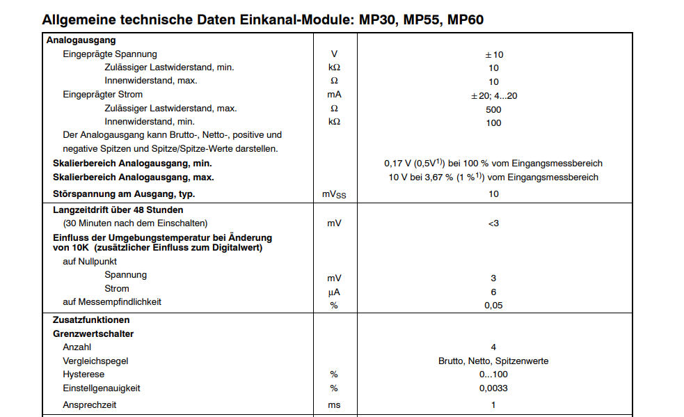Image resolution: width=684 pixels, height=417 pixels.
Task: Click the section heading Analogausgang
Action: [81, 40]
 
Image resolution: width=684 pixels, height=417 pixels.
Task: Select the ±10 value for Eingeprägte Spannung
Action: [493, 54]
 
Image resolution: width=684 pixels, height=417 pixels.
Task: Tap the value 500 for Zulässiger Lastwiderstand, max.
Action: [493, 109]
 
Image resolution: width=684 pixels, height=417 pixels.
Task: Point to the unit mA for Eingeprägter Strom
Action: [334, 95]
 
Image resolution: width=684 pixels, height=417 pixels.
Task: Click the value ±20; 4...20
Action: [493, 95]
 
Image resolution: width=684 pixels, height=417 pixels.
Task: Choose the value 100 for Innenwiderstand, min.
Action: [493, 123]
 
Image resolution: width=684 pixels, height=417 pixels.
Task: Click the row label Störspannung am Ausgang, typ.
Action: [124, 194]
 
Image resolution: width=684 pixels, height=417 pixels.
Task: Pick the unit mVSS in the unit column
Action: [334, 194]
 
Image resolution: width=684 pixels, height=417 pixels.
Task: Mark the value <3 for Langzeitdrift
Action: [493, 223]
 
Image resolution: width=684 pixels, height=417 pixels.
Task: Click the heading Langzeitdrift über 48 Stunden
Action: [118, 210]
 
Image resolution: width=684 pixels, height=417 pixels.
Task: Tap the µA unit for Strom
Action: [334, 292]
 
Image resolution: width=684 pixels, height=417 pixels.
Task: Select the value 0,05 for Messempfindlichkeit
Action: [493, 305]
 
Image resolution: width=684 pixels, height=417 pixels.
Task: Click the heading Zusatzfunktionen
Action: [91, 320]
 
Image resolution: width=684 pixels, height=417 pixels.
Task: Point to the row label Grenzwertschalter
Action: [93, 334]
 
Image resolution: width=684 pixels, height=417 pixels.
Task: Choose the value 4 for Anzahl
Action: [493, 347]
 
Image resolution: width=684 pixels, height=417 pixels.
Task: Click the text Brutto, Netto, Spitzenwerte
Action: [493, 361]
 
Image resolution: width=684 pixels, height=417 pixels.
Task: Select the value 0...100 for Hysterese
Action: [493, 375]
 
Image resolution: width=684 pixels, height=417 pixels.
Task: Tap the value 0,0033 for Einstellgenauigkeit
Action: [493, 388]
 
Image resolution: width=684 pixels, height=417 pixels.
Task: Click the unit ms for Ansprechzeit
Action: [334, 404]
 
